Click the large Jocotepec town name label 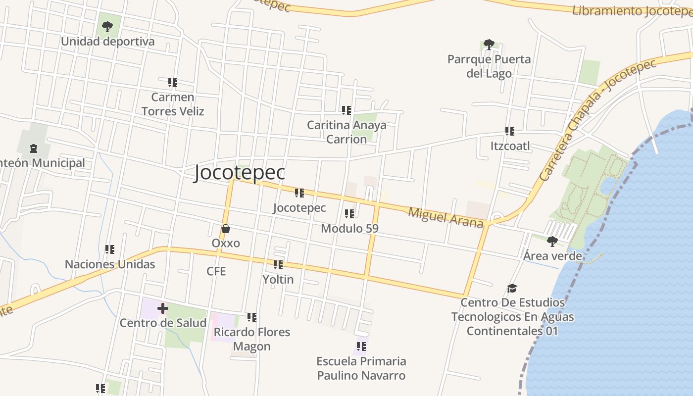(240, 172)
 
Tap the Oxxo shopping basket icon (226, 229)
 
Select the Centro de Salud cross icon (162, 309)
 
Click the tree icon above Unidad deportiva (107, 27)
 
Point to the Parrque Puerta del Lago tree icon (489, 45)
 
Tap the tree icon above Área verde (552, 242)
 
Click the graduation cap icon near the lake (512, 288)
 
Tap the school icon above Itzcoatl (510, 131)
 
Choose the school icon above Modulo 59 (349, 214)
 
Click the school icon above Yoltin (278, 265)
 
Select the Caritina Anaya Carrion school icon (346, 110)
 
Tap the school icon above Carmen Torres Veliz (172, 82)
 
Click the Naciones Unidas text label (110, 264)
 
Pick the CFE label (216, 271)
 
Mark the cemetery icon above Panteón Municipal (34, 148)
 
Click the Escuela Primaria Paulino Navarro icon (361, 346)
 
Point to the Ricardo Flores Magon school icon (252, 317)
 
